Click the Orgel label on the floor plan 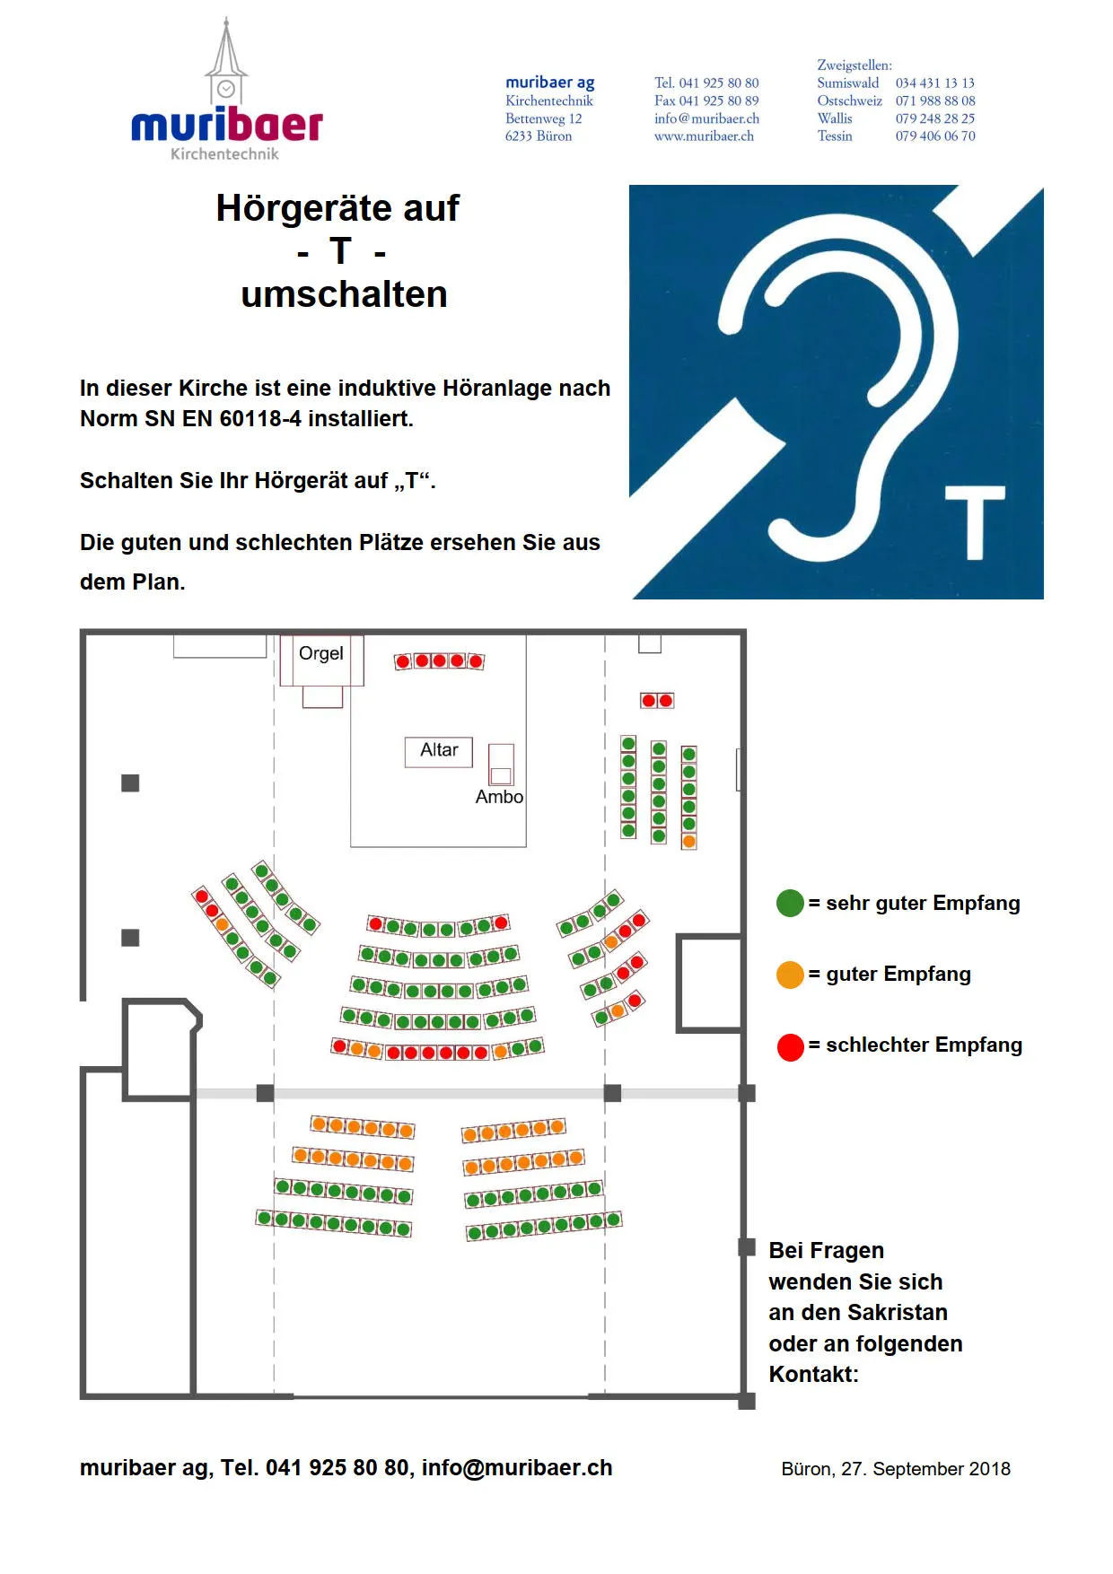(x=321, y=653)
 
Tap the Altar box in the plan (x=439, y=751)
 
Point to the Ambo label (x=499, y=797)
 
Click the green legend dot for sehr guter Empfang (x=790, y=903)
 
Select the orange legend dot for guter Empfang (x=790, y=975)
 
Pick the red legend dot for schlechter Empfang (x=790, y=1046)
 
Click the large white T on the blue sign (x=974, y=522)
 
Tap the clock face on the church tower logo (x=226, y=89)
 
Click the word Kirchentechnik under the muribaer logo (x=224, y=154)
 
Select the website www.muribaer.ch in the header (x=704, y=136)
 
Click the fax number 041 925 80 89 (x=719, y=101)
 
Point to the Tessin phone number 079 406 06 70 (x=935, y=136)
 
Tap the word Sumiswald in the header (x=848, y=83)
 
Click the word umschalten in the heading (x=344, y=294)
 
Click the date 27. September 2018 (x=925, y=1469)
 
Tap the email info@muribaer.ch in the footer (x=517, y=1468)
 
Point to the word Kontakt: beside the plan (x=813, y=1375)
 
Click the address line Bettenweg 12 (x=544, y=118)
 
